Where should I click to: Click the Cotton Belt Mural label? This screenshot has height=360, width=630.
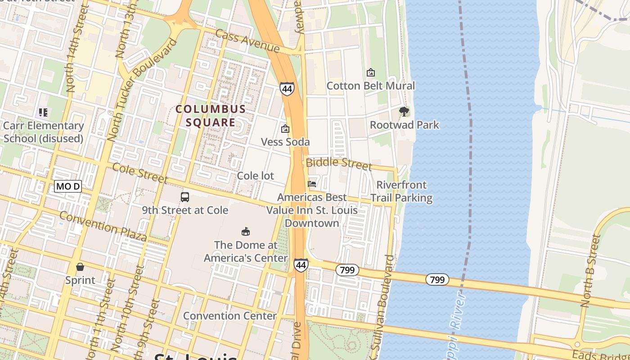(x=370, y=85)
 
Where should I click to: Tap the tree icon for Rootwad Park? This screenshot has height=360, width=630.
(x=404, y=111)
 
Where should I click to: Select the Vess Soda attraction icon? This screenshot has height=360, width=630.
(x=285, y=129)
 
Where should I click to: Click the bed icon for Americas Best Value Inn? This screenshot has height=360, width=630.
(x=312, y=184)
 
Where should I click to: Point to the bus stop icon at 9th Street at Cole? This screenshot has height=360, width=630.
(x=185, y=197)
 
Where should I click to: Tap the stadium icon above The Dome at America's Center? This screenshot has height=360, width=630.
(x=246, y=232)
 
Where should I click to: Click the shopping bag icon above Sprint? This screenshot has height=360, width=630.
(x=80, y=267)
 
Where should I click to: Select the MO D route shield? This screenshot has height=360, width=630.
(x=68, y=186)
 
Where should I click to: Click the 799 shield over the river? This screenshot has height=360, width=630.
(x=437, y=279)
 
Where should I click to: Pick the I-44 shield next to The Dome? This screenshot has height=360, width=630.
(x=301, y=265)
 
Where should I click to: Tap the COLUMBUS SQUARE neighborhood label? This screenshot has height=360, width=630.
(x=211, y=116)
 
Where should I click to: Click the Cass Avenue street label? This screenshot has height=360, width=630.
(x=247, y=41)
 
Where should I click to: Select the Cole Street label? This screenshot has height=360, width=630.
(x=140, y=173)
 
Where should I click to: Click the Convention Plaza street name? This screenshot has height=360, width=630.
(x=103, y=226)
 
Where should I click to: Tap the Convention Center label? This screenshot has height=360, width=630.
(x=229, y=315)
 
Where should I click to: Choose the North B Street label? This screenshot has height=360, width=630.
(x=591, y=271)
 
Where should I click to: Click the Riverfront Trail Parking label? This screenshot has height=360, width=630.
(x=401, y=191)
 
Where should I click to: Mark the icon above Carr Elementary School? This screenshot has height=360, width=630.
(x=43, y=112)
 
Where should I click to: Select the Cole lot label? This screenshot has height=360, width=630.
(x=255, y=175)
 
